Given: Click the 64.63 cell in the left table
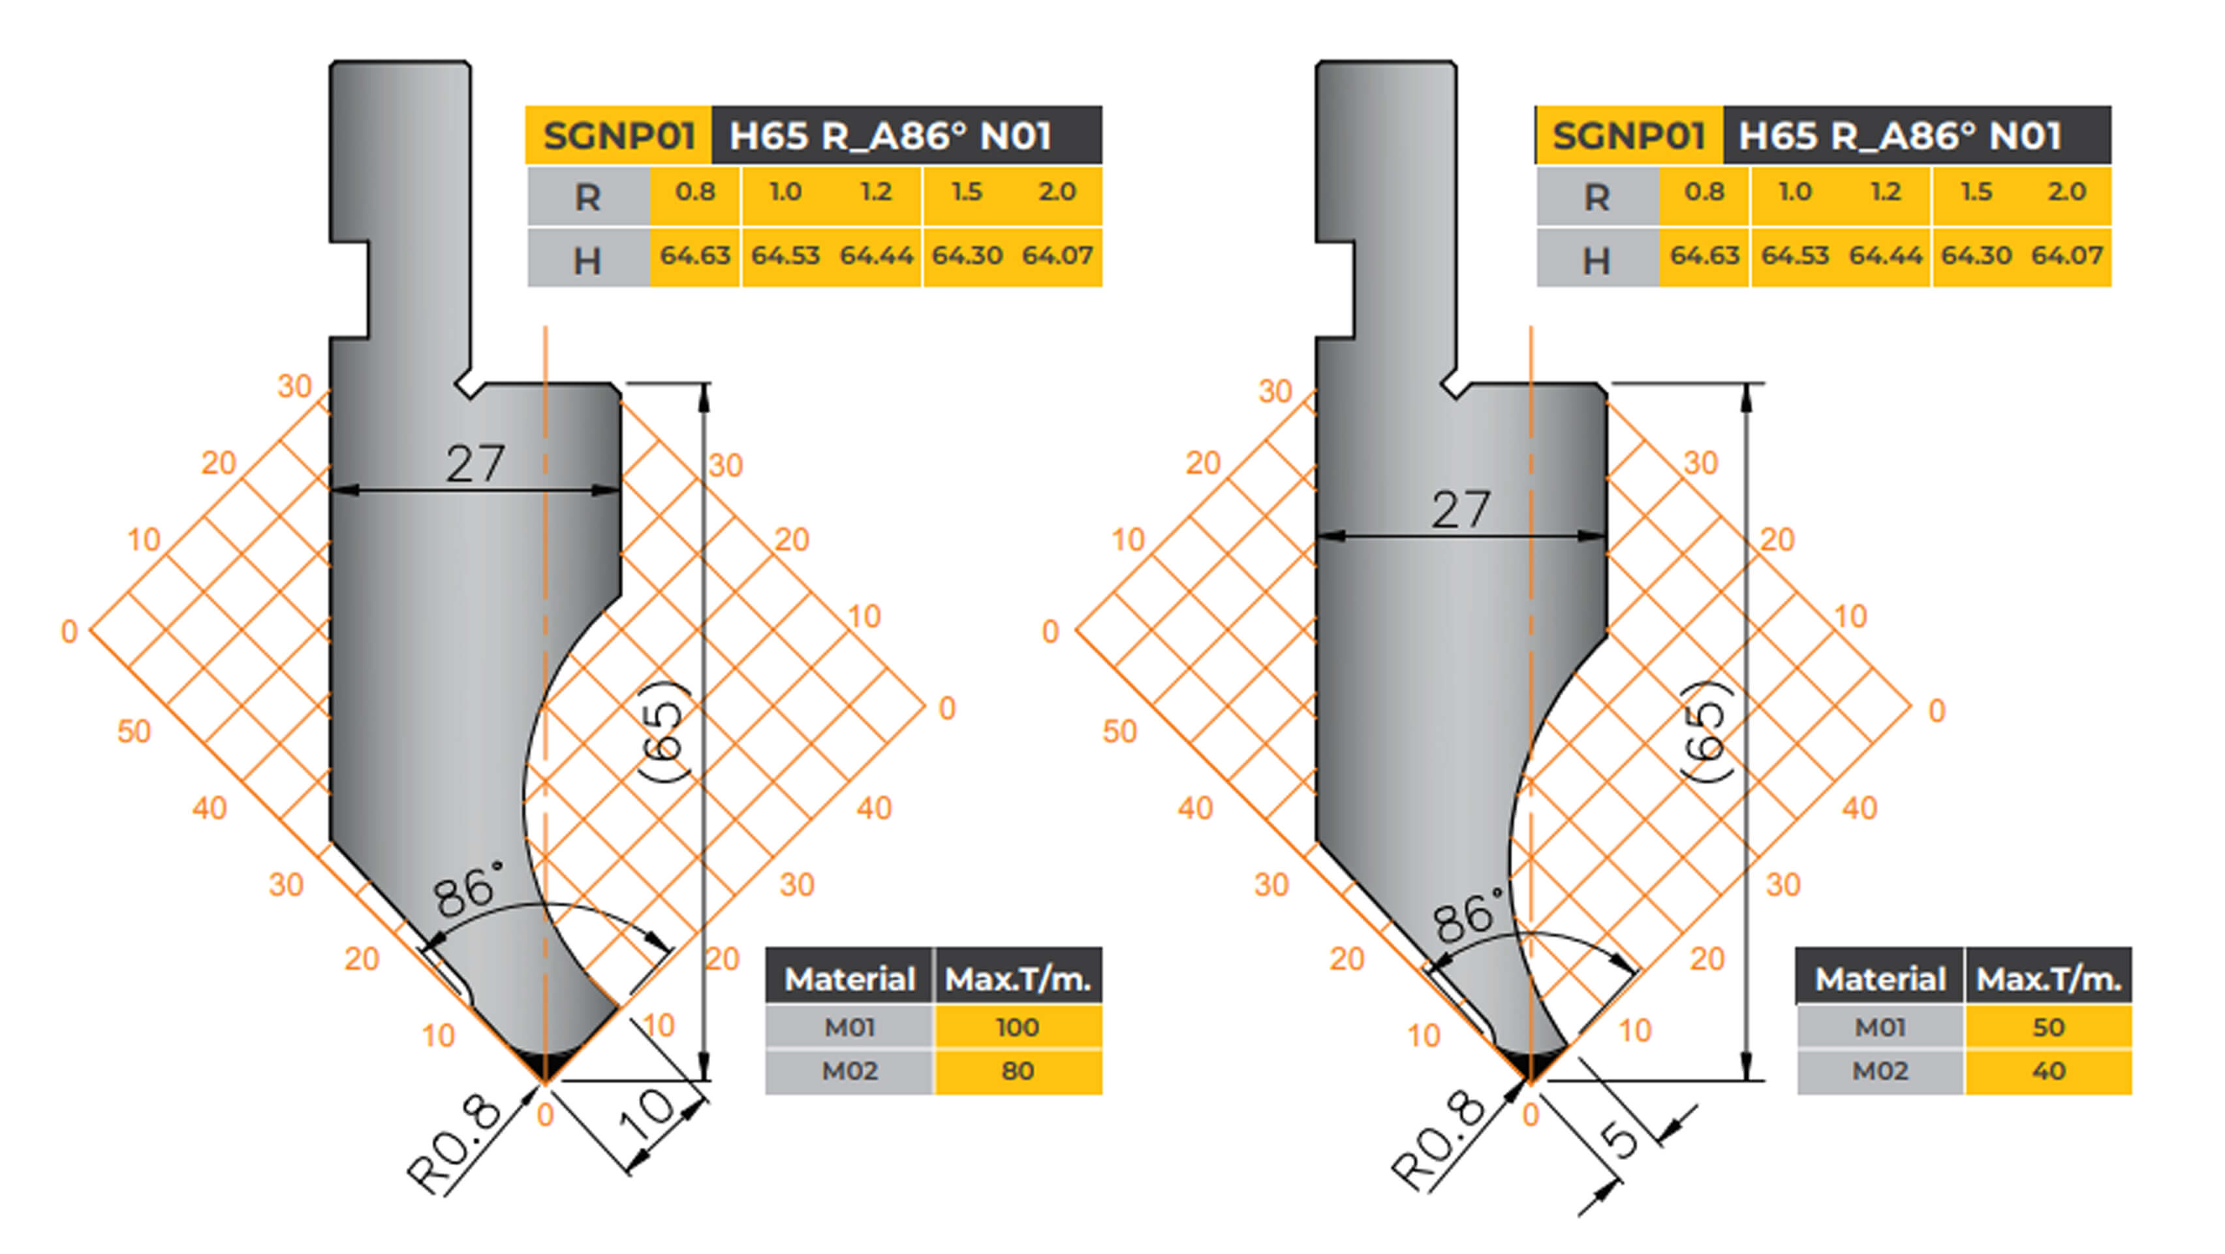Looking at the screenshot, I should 695,256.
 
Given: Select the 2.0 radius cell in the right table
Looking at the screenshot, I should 2066,192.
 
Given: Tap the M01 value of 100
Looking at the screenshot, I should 1017,1027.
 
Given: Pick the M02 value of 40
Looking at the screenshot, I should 2048,1072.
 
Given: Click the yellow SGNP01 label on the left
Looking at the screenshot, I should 619,136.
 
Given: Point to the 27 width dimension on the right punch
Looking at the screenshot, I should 1461,510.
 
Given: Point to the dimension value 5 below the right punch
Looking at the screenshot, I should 1622,1139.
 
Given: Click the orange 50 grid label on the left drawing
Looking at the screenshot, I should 134,732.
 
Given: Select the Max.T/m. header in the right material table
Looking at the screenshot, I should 2048,979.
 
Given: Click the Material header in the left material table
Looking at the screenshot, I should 849,979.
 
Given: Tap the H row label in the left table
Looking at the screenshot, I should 587,260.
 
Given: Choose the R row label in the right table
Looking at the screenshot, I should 1596,198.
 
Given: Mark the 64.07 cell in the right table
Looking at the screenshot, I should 2066,256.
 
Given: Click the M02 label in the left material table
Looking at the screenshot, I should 849,1072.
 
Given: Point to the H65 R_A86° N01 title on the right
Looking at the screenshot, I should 1900,136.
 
